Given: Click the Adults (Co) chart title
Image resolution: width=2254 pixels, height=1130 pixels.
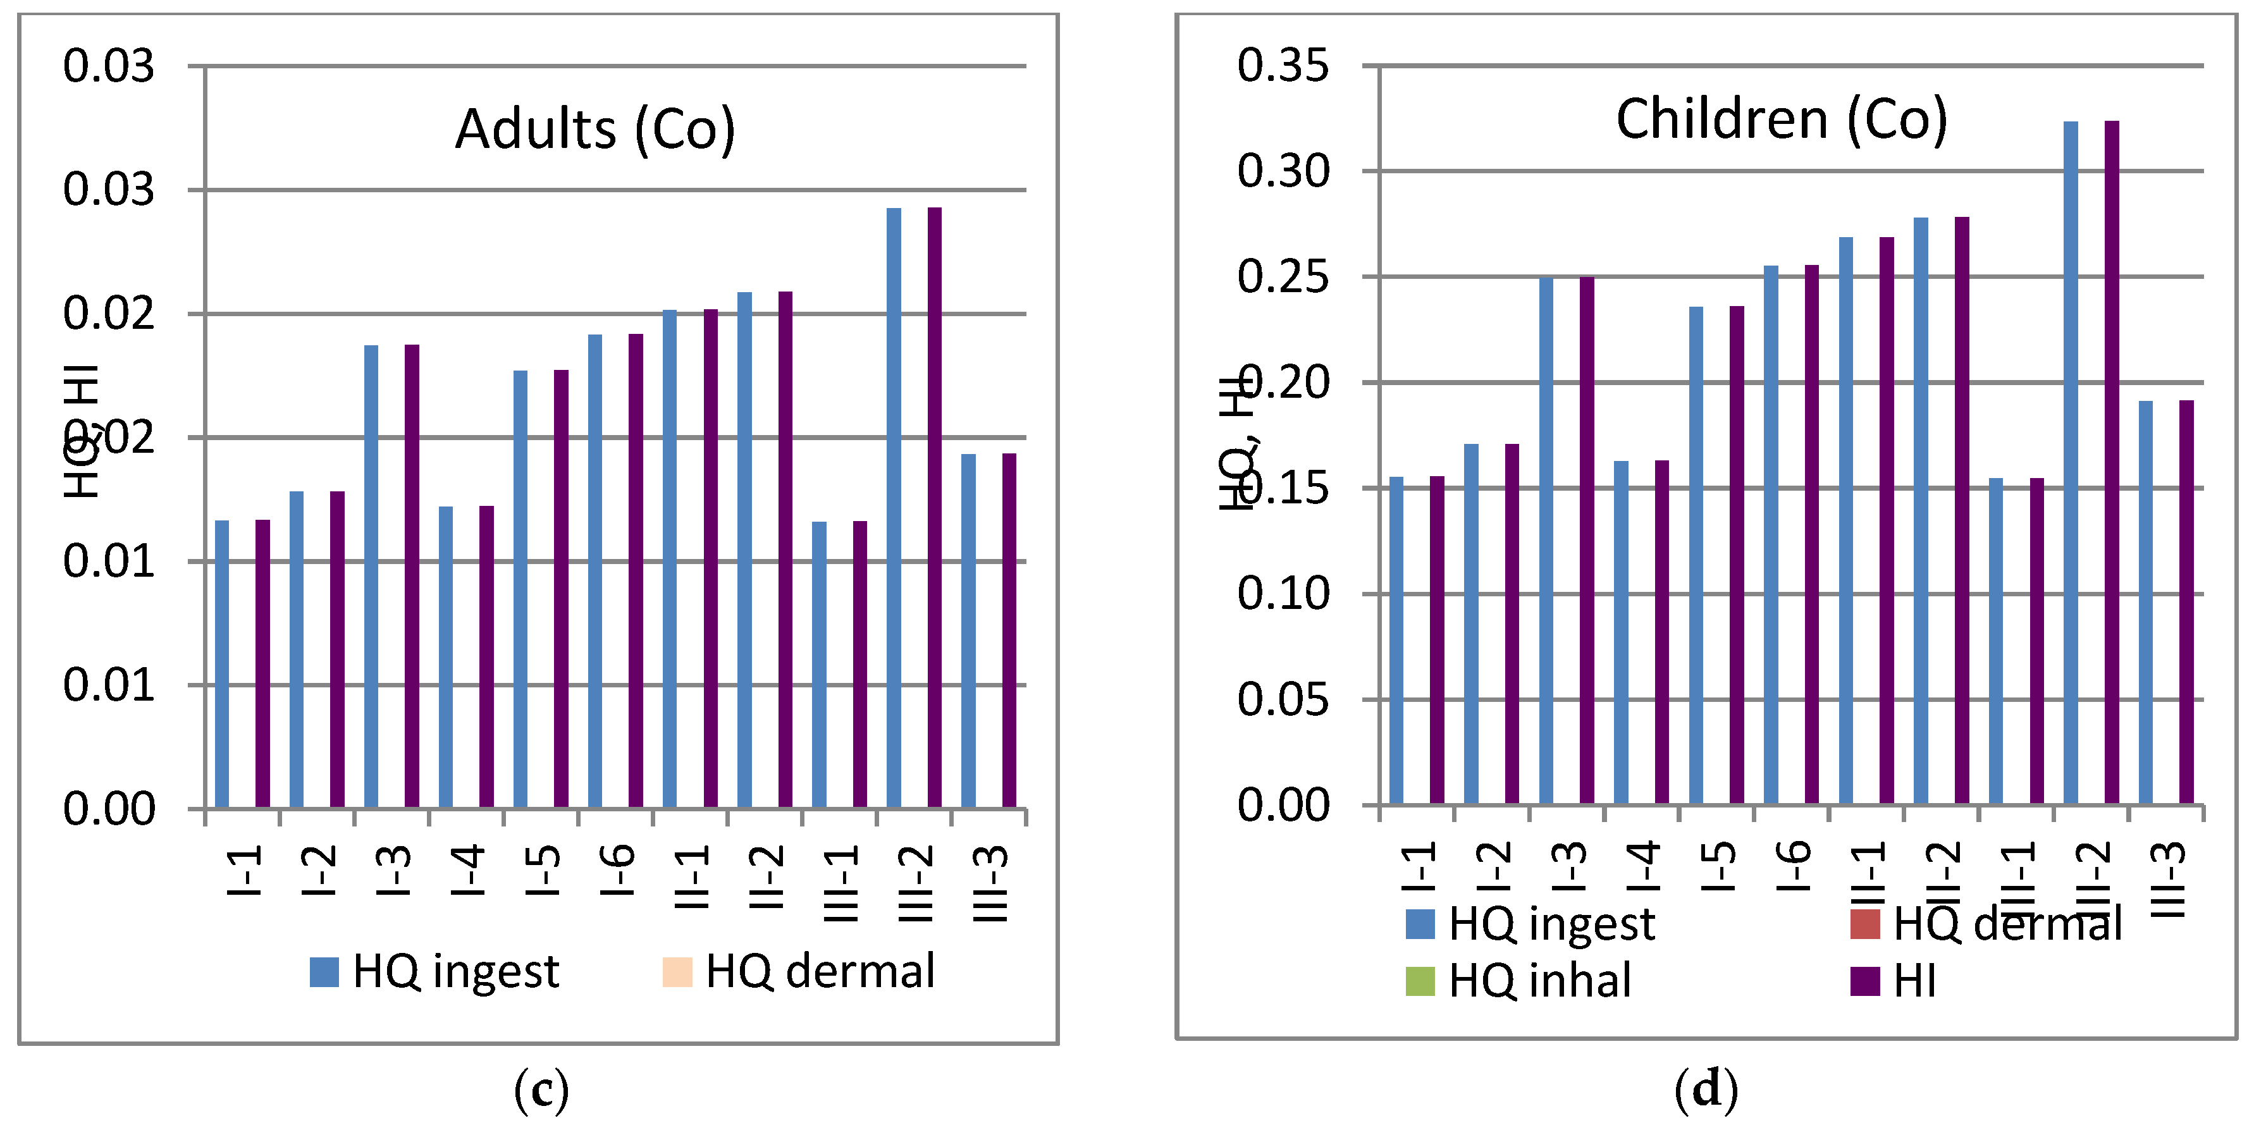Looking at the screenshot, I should point(595,130).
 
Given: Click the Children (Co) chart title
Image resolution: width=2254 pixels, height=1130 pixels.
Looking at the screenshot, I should point(1782,119).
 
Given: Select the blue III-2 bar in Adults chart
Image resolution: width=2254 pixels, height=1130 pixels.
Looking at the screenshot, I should point(894,507).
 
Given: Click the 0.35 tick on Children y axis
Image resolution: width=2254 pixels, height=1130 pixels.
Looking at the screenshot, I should point(1283,66).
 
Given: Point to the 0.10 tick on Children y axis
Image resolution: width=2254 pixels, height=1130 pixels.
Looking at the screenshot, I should point(1283,594).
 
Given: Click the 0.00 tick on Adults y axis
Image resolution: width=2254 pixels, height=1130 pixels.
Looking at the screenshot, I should point(109,809).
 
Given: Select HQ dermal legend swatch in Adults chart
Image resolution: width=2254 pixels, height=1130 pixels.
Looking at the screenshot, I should point(677,972).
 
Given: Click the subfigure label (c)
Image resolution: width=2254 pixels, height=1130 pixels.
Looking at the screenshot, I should point(541,1091).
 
